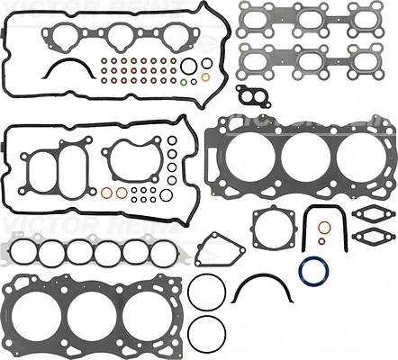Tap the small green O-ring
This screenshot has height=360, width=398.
[x=185, y=82]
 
